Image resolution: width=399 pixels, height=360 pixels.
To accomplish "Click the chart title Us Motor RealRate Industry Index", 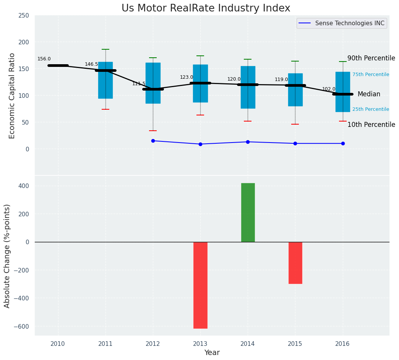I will [206, 8].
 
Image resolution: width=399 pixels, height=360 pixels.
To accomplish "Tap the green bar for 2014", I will [248, 212].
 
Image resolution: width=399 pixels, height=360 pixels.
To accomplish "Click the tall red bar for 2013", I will [200, 285].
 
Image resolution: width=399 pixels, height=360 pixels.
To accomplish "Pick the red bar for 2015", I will [295, 263].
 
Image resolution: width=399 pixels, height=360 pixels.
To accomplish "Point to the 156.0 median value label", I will [44, 59].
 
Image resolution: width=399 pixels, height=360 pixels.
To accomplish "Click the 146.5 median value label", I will [91, 64].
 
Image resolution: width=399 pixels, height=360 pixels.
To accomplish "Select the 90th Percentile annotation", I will [371, 58].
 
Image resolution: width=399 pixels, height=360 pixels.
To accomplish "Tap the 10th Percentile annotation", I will [371, 125].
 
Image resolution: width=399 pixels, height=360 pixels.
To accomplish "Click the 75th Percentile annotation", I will [370, 75].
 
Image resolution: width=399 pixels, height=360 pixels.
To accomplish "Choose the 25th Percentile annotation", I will [370, 109].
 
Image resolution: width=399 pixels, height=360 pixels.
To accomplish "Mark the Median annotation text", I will [369, 94].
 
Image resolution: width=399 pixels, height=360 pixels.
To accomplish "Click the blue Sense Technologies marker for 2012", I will [153, 141].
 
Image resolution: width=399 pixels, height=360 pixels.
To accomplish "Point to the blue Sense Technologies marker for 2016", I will [343, 143].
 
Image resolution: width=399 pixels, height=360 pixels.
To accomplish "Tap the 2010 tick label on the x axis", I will [58, 344].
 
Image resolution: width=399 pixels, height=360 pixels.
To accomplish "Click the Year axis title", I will [212, 353].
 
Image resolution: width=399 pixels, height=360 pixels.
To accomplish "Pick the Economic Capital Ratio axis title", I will [12, 96].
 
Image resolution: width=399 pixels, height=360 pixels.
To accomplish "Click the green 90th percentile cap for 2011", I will [105, 49].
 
